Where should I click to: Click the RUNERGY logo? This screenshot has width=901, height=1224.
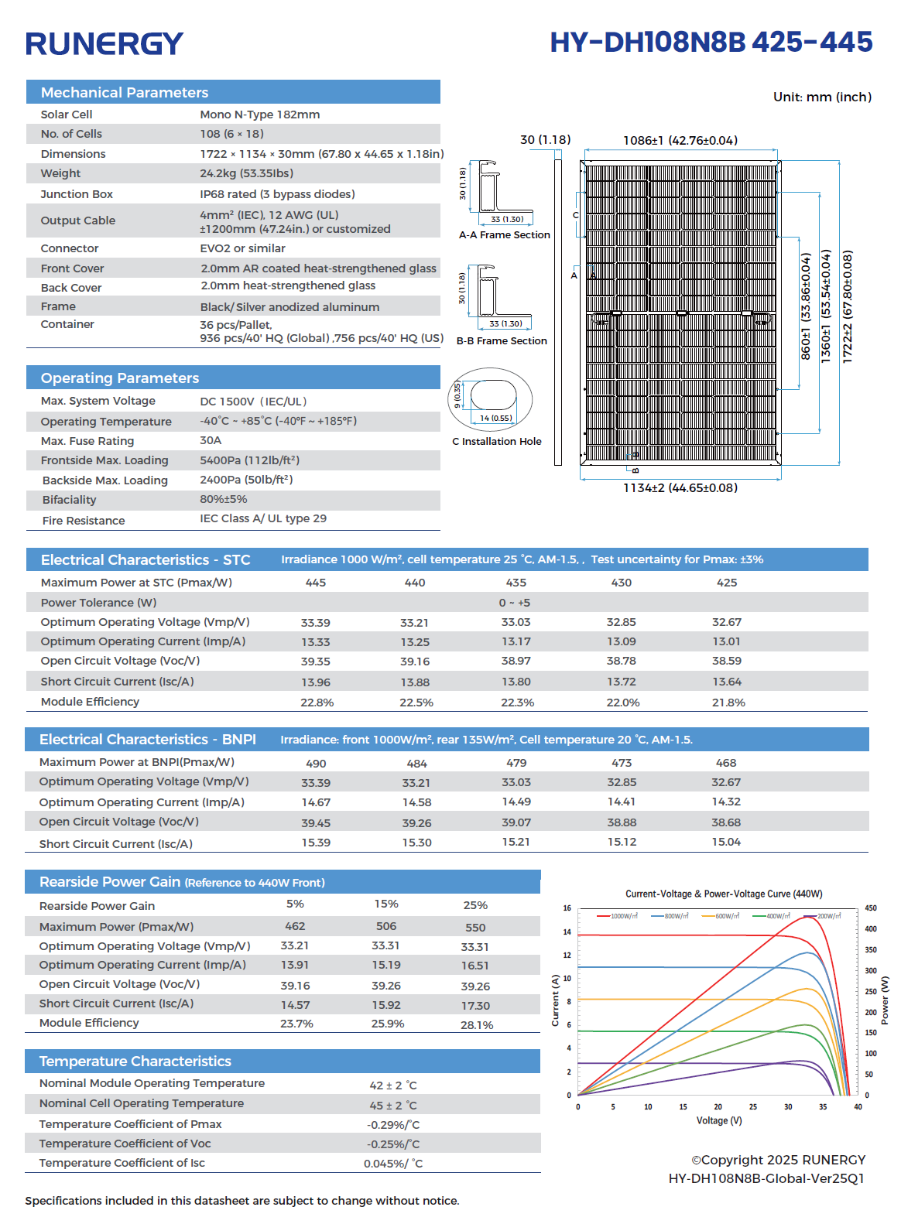(104, 43)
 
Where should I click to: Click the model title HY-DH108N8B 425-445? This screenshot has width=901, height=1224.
(711, 42)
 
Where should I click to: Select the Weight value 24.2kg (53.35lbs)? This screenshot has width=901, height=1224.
(247, 173)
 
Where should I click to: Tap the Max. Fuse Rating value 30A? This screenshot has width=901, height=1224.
(211, 440)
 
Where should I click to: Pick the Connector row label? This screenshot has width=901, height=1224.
(70, 248)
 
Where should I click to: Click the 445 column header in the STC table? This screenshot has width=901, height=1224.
(316, 583)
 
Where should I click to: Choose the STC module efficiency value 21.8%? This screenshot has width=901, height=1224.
(728, 703)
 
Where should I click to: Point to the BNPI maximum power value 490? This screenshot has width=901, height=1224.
(316, 764)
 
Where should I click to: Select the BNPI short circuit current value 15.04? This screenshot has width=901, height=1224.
(726, 842)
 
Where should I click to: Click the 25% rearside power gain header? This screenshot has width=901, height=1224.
(475, 905)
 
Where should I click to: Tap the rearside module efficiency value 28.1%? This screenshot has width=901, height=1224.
(476, 1025)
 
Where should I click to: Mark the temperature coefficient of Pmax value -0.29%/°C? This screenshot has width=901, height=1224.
(393, 1124)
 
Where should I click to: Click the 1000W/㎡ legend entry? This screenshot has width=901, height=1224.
(617, 916)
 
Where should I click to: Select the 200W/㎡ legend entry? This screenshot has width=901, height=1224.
(822, 916)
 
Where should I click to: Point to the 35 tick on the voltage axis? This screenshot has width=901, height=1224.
(823, 1107)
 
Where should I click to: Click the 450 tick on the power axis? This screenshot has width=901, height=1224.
(870, 908)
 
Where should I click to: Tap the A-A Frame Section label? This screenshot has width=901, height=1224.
(504, 235)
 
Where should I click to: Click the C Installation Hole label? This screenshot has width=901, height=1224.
(496, 442)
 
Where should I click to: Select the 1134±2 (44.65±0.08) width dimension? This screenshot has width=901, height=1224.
(680, 488)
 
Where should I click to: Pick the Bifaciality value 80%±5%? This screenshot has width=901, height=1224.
(223, 499)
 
